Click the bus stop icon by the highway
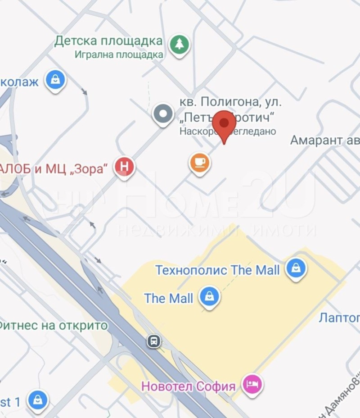154,341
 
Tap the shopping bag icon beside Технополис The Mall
296,269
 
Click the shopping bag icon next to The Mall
209,297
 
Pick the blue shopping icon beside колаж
55,80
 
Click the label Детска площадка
108,41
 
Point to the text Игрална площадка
119,55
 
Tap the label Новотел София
189,386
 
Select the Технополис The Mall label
217,270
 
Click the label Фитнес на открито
53,325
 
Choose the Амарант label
317,140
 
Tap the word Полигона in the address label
226,102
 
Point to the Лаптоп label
339,318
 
